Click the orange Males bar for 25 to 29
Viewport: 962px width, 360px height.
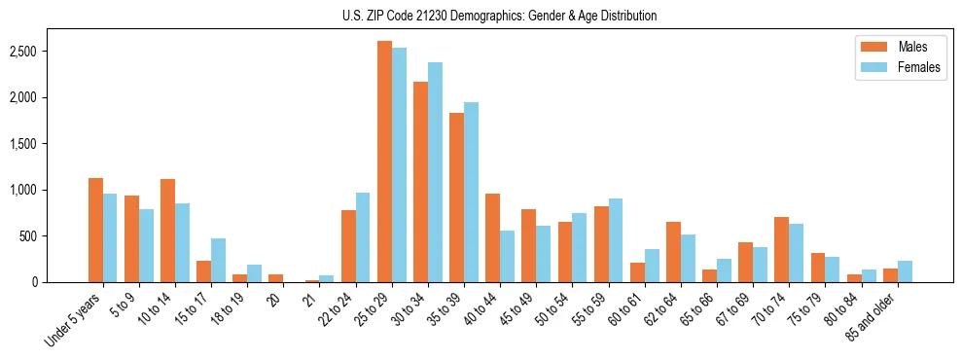[384, 162]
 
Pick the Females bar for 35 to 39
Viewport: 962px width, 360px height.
[471, 192]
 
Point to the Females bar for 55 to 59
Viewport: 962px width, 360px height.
[615, 240]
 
